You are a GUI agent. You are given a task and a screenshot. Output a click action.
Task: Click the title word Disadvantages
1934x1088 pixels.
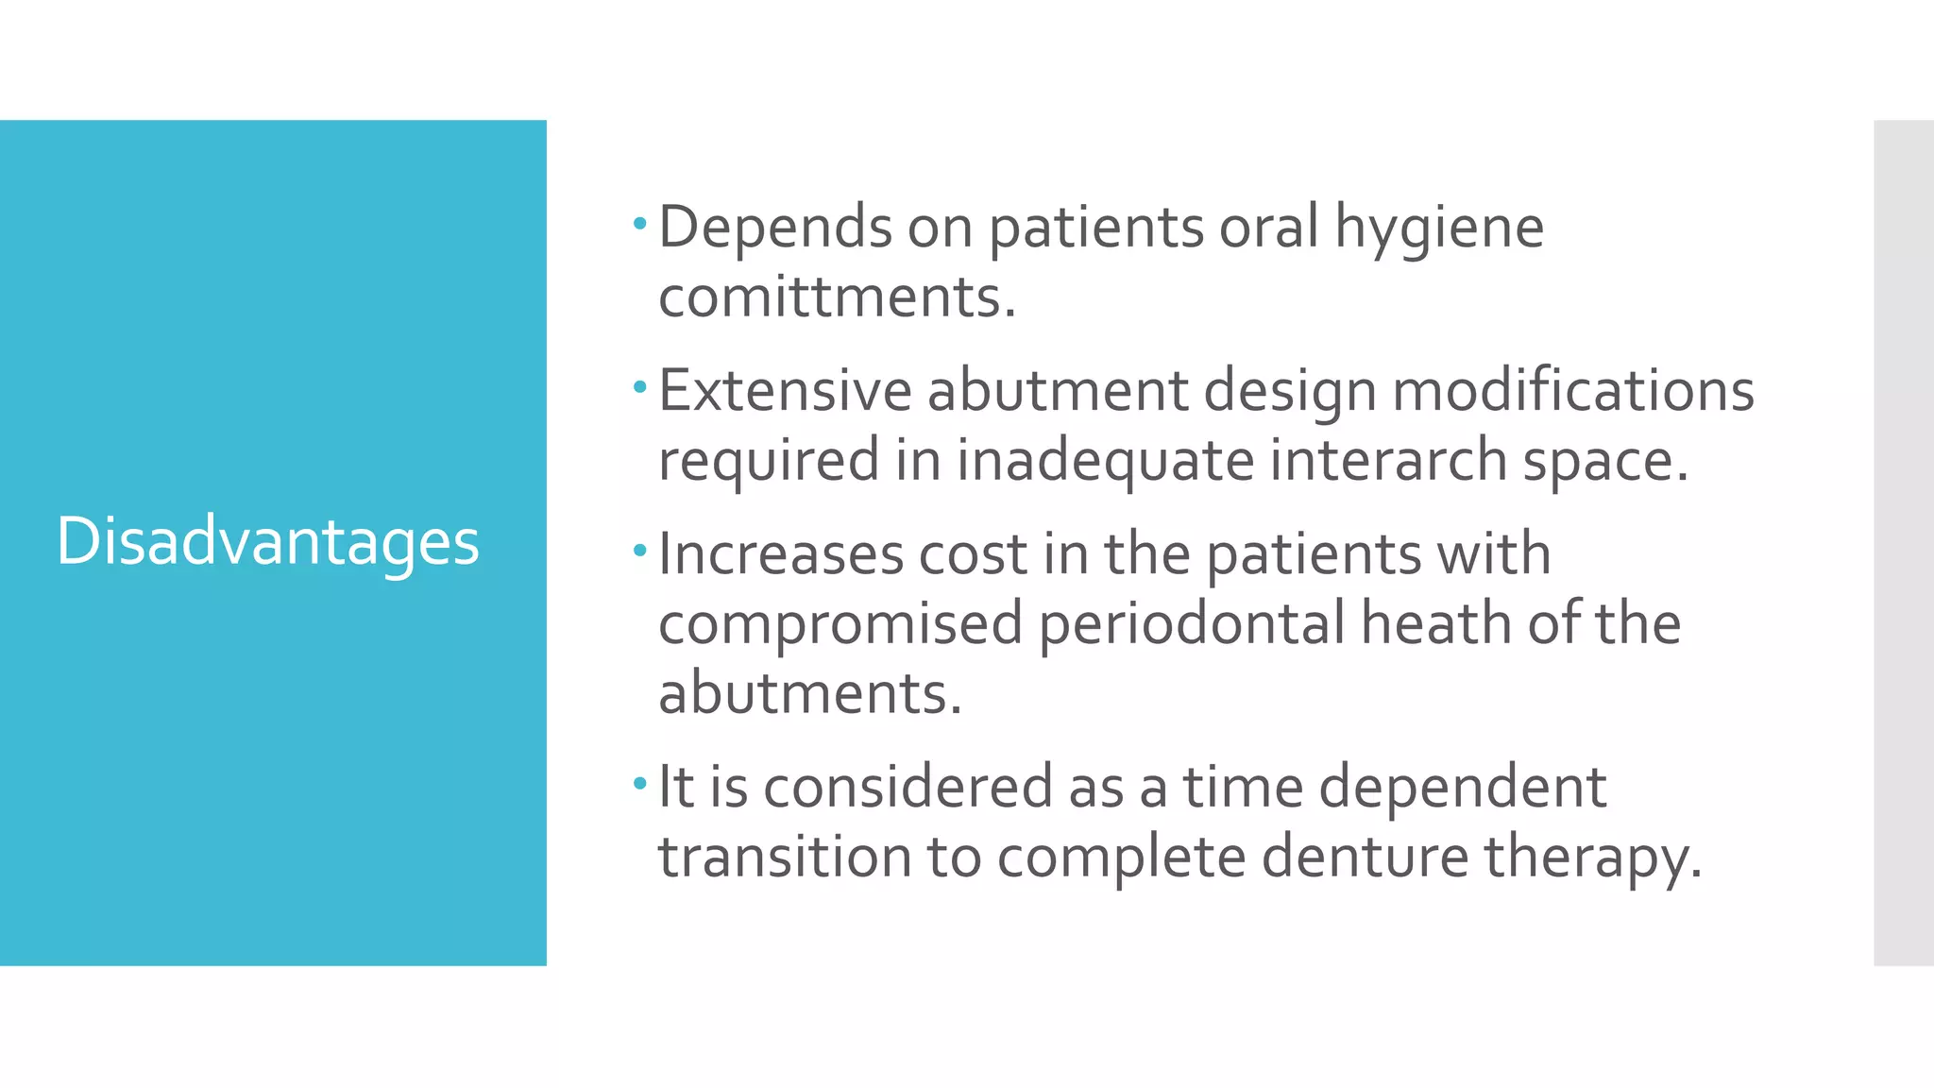pyautogui.click(x=268, y=542)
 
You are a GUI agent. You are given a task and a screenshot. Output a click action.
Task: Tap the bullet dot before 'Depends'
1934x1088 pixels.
pyautogui.click(x=640, y=225)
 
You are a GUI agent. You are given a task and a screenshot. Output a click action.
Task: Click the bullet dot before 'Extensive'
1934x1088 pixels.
pyautogui.click(x=640, y=387)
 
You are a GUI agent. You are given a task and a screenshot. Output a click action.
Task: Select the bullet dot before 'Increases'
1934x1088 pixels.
pyautogui.click(x=640, y=551)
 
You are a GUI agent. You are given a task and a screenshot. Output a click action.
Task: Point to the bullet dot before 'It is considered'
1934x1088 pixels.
pyautogui.click(x=640, y=783)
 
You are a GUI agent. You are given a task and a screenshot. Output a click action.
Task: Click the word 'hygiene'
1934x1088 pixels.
pyautogui.click(x=1438, y=229)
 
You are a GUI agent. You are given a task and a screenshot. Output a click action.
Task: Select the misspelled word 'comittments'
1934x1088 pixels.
pyautogui.click(x=836, y=297)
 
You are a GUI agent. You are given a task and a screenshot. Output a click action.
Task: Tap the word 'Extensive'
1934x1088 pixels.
pyautogui.click(x=784, y=390)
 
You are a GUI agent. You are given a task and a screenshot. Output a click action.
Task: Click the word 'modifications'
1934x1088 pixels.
pyautogui.click(x=1573, y=390)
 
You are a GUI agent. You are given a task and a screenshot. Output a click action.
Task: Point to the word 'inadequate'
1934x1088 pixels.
pyautogui.click(x=1104, y=460)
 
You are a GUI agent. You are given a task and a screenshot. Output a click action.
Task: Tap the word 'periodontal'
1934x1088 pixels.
pyautogui.click(x=1191, y=623)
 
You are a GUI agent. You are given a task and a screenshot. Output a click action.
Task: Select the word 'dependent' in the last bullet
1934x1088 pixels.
pyautogui.click(x=1462, y=788)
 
